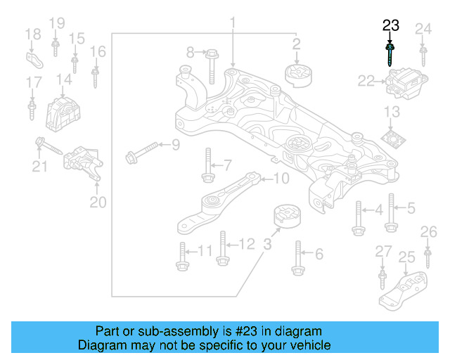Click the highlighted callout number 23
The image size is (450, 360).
click(390, 26)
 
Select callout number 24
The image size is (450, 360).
click(423, 29)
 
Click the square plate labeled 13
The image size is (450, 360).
click(394, 136)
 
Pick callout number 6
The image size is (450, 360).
click(318, 254)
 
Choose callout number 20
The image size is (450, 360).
click(97, 202)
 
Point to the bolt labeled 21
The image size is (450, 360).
click(50, 147)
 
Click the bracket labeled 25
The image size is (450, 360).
click(404, 289)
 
